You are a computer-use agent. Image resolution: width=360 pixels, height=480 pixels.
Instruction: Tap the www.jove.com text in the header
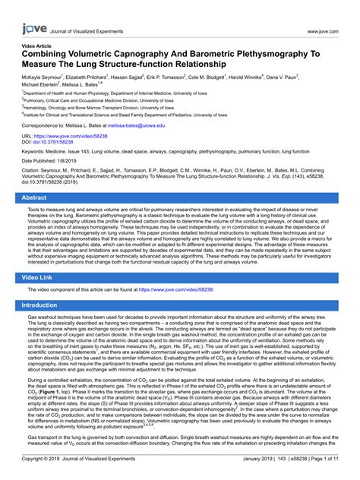(327, 11)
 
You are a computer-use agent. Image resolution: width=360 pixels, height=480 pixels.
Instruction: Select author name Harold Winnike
(243, 77)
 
